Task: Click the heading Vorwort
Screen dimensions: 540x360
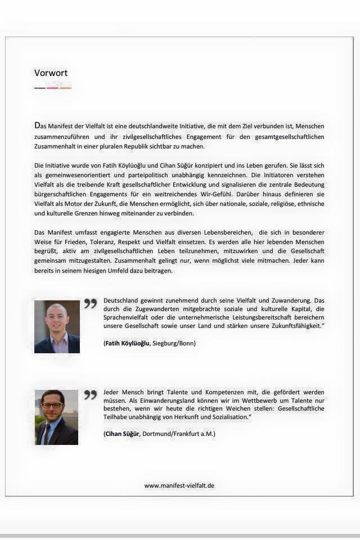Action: coord(51,73)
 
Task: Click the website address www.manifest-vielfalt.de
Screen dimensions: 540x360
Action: coord(179,485)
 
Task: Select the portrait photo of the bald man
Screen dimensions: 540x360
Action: coord(57,327)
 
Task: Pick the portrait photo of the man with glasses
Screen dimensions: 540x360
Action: coord(56,417)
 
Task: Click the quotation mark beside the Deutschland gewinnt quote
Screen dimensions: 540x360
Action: coord(90,304)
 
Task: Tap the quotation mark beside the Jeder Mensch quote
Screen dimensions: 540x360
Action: coord(90,395)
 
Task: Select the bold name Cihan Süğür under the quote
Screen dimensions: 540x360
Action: coord(121,434)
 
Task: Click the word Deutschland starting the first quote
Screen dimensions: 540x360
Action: coord(122,300)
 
